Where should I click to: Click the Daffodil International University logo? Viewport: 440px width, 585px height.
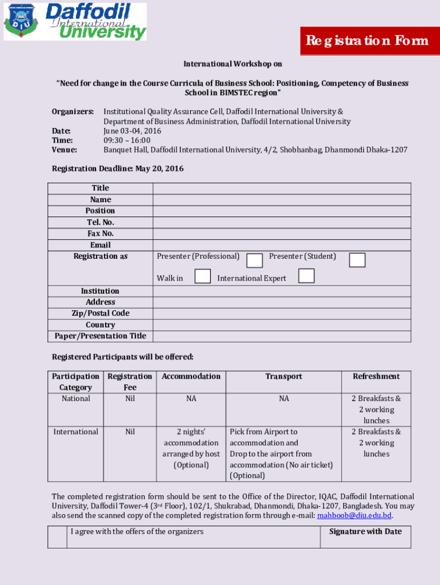click(x=75, y=22)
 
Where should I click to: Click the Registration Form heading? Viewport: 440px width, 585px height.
click(x=367, y=41)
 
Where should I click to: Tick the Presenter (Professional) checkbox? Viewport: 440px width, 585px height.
click(x=255, y=261)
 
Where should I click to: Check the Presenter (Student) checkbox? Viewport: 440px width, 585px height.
click(x=357, y=260)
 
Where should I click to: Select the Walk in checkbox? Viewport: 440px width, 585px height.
click(x=202, y=277)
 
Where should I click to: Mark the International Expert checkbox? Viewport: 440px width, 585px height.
click(x=306, y=276)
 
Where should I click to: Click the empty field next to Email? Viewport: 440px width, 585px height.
click(x=281, y=245)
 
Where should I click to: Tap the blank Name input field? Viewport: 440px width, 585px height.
click(x=281, y=199)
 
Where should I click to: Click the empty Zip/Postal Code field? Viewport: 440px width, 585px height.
click(x=281, y=313)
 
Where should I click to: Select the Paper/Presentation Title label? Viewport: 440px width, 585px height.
click(x=100, y=336)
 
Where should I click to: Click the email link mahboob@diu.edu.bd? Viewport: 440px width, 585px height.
click(x=354, y=516)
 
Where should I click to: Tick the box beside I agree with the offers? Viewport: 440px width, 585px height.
click(x=57, y=537)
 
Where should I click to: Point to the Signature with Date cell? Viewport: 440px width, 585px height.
click(x=365, y=532)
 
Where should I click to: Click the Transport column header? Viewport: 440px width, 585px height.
click(x=283, y=376)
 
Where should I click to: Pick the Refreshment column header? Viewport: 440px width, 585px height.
click(x=376, y=376)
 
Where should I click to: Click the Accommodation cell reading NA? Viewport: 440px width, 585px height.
click(x=191, y=399)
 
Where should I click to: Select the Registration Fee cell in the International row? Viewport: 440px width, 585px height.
click(x=130, y=432)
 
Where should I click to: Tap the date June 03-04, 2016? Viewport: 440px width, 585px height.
click(x=132, y=131)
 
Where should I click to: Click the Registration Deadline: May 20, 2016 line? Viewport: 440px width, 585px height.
click(x=118, y=169)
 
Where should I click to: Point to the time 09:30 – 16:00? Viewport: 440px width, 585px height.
click(x=127, y=141)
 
